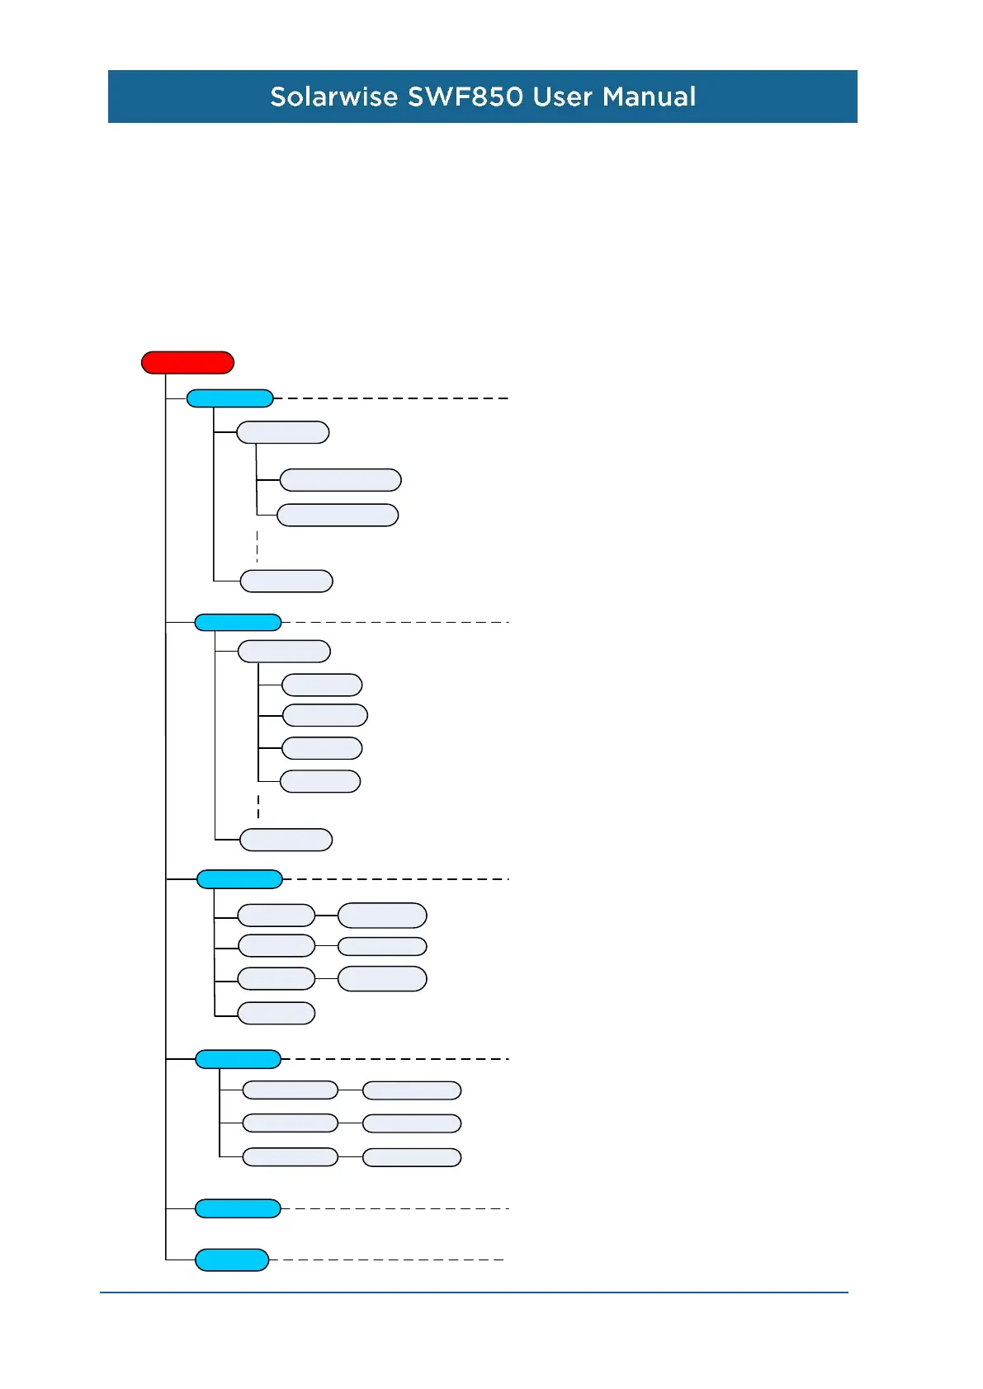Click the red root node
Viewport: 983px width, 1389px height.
tap(187, 363)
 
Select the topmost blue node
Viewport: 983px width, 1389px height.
tap(229, 398)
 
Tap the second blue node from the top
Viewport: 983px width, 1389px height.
tap(238, 623)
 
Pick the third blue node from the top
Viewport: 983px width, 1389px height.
tap(239, 879)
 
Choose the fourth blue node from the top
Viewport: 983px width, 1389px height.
tap(238, 1059)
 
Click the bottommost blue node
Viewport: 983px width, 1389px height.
tap(232, 1260)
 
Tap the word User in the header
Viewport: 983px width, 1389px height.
tap(563, 97)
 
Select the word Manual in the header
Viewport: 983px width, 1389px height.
tap(649, 97)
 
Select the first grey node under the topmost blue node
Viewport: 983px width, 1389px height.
tap(283, 432)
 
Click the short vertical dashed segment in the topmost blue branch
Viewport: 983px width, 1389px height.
tap(258, 547)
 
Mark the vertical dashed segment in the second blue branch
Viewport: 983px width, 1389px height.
tap(258, 807)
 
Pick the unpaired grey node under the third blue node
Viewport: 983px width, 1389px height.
tap(276, 1013)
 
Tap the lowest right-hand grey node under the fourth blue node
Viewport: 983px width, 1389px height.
tap(412, 1157)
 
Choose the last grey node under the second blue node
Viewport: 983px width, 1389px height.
tap(286, 840)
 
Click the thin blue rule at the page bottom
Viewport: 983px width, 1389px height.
tap(474, 1292)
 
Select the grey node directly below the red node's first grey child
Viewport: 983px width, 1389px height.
tap(340, 480)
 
